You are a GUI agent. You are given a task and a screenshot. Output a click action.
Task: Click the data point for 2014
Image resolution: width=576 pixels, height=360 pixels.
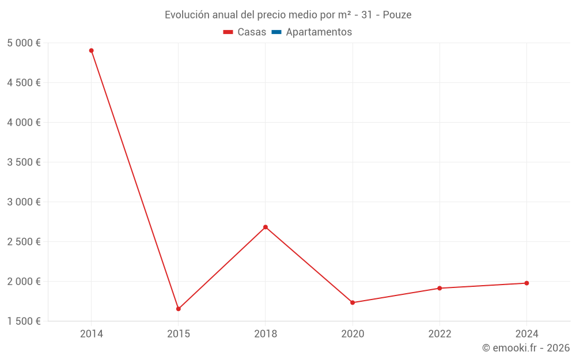pyautogui.click(x=91, y=51)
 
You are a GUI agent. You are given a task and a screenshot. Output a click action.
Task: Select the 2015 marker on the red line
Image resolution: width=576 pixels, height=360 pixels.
pyautogui.click(x=179, y=309)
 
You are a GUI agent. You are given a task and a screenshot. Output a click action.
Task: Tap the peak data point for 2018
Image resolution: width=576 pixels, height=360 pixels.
pyautogui.click(x=266, y=227)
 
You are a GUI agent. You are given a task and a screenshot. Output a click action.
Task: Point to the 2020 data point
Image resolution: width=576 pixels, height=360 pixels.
pyautogui.click(x=353, y=302)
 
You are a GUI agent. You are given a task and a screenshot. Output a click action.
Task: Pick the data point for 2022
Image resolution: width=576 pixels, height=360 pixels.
pyautogui.click(x=439, y=288)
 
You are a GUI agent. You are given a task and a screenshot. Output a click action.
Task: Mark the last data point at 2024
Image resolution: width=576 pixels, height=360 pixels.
pyautogui.click(x=526, y=283)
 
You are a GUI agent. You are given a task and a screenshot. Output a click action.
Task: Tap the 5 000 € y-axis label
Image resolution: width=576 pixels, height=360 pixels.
pyautogui.click(x=24, y=43)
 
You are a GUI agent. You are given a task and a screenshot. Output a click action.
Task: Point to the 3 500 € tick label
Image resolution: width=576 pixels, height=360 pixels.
pyautogui.click(x=24, y=162)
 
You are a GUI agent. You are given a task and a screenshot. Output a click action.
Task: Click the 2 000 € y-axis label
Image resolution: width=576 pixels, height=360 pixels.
pyautogui.click(x=24, y=282)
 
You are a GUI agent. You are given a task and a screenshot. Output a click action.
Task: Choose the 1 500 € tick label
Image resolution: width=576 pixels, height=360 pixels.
pyautogui.click(x=24, y=321)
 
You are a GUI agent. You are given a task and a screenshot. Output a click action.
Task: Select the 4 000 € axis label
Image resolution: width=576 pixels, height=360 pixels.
pyautogui.click(x=24, y=123)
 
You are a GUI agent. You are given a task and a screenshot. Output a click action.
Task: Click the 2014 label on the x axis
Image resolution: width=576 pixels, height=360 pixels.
pyautogui.click(x=92, y=334)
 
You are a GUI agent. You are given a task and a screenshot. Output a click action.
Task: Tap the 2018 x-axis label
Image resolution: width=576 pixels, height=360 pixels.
pyautogui.click(x=266, y=334)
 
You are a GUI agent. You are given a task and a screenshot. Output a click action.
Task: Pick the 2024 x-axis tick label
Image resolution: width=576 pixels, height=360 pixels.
pyautogui.click(x=526, y=334)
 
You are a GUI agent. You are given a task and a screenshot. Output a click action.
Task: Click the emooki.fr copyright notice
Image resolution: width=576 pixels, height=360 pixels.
pyautogui.click(x=526, y=348)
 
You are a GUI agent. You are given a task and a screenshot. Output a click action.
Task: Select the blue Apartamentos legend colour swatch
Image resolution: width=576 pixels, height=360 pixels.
pyautogui.click(x=276, y=32)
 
